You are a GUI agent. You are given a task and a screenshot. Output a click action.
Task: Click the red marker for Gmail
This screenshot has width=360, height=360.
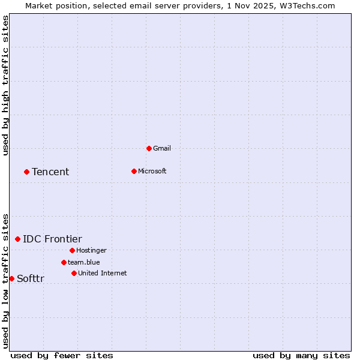[149, 148]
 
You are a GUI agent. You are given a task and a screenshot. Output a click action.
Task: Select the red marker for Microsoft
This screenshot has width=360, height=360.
[134, 171]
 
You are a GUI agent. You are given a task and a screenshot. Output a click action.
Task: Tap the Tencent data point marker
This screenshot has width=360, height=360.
[26, 172]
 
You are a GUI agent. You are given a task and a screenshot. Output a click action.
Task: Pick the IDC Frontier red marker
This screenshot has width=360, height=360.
[17, 239]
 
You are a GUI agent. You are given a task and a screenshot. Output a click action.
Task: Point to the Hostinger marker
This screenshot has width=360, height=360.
[72, 250]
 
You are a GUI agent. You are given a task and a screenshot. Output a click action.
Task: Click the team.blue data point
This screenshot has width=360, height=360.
[64, 262]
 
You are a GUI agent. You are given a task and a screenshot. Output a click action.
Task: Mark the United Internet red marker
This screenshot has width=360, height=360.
[74, 273]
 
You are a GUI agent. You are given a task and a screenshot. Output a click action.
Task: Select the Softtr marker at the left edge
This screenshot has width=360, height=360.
[11, 278]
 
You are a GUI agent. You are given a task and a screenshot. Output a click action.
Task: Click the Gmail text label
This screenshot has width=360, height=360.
[161, 148]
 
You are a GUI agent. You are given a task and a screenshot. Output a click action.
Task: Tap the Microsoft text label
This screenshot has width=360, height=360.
[152, 171]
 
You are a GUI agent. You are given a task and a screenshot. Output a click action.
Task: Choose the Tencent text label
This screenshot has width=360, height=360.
[50, 172]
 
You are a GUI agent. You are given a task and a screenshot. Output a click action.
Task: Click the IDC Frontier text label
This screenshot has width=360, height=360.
[52, 239]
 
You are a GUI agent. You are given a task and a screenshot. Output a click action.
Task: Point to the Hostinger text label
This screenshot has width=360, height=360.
[91, 250]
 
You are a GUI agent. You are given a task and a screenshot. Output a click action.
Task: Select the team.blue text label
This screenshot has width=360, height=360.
[83, 262]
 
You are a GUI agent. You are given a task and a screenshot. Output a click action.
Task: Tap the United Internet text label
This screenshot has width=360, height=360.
[102, 273]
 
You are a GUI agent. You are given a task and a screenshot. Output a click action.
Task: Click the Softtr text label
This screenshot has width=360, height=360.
[30, 279]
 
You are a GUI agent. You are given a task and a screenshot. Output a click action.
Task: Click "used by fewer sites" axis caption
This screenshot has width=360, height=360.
[62, 355]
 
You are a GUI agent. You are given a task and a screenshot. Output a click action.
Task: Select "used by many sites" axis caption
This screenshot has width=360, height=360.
[301, 355]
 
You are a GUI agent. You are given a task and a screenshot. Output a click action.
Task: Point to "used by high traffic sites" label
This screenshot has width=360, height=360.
[6, 85]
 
